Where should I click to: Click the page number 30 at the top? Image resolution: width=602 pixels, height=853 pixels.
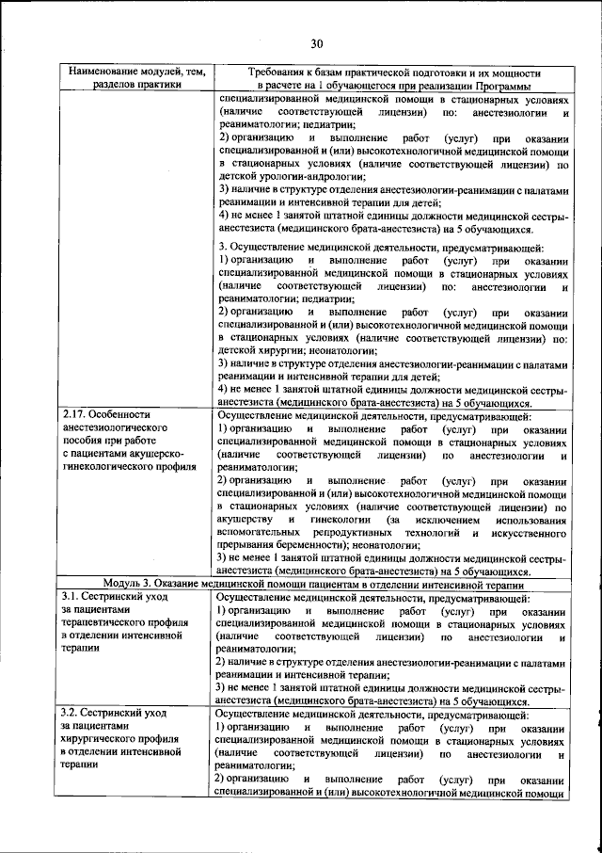pos(316,42)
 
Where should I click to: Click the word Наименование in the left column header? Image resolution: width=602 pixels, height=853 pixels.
pos(100,72)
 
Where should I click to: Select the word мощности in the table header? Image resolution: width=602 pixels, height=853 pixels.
pos(515,72)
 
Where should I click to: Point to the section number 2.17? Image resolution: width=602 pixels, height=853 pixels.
pos(74,414)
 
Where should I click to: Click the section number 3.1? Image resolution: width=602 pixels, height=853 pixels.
pos(71,597)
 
